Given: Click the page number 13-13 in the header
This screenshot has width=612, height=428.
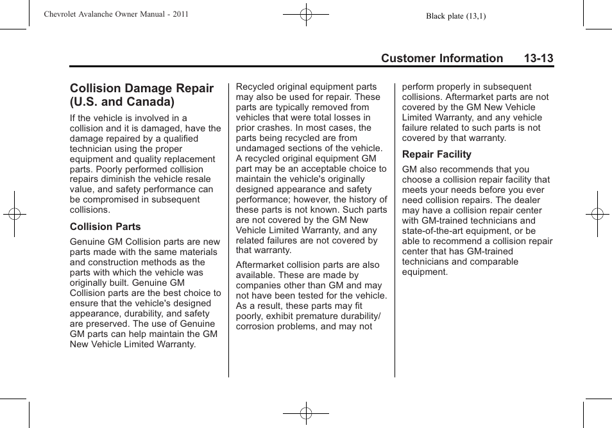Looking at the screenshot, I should [538, 58].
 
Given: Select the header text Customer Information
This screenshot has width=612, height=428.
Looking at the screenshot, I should [441, 58].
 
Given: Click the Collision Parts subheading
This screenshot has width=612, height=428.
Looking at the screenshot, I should [105, 227].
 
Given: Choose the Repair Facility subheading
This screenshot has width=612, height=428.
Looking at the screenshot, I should [436, 154].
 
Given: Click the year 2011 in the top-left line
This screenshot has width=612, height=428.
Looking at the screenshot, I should [180, 14].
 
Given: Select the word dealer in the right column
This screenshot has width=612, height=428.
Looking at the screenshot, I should [536, 200].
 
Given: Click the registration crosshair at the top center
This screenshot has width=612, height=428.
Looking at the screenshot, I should [306, 13].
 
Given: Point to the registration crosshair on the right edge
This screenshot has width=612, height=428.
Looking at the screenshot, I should [597, 214].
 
